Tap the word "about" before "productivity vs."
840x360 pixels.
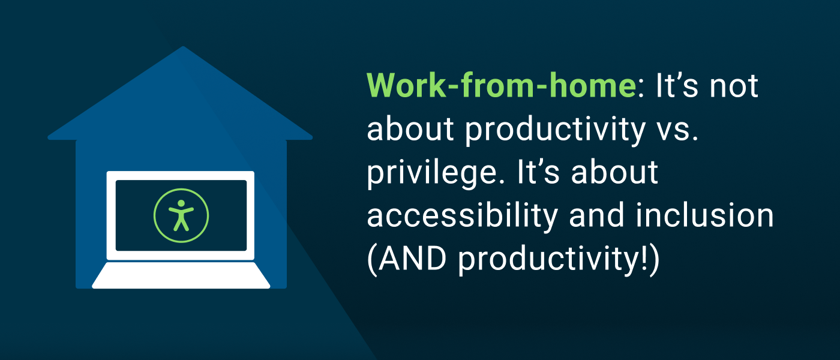pyautogui.click(x=410, y=130)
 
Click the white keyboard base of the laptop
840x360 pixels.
pyautogui.click(x=181, y=275)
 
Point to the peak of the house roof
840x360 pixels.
pyautogui.click(x=182, y=48)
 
